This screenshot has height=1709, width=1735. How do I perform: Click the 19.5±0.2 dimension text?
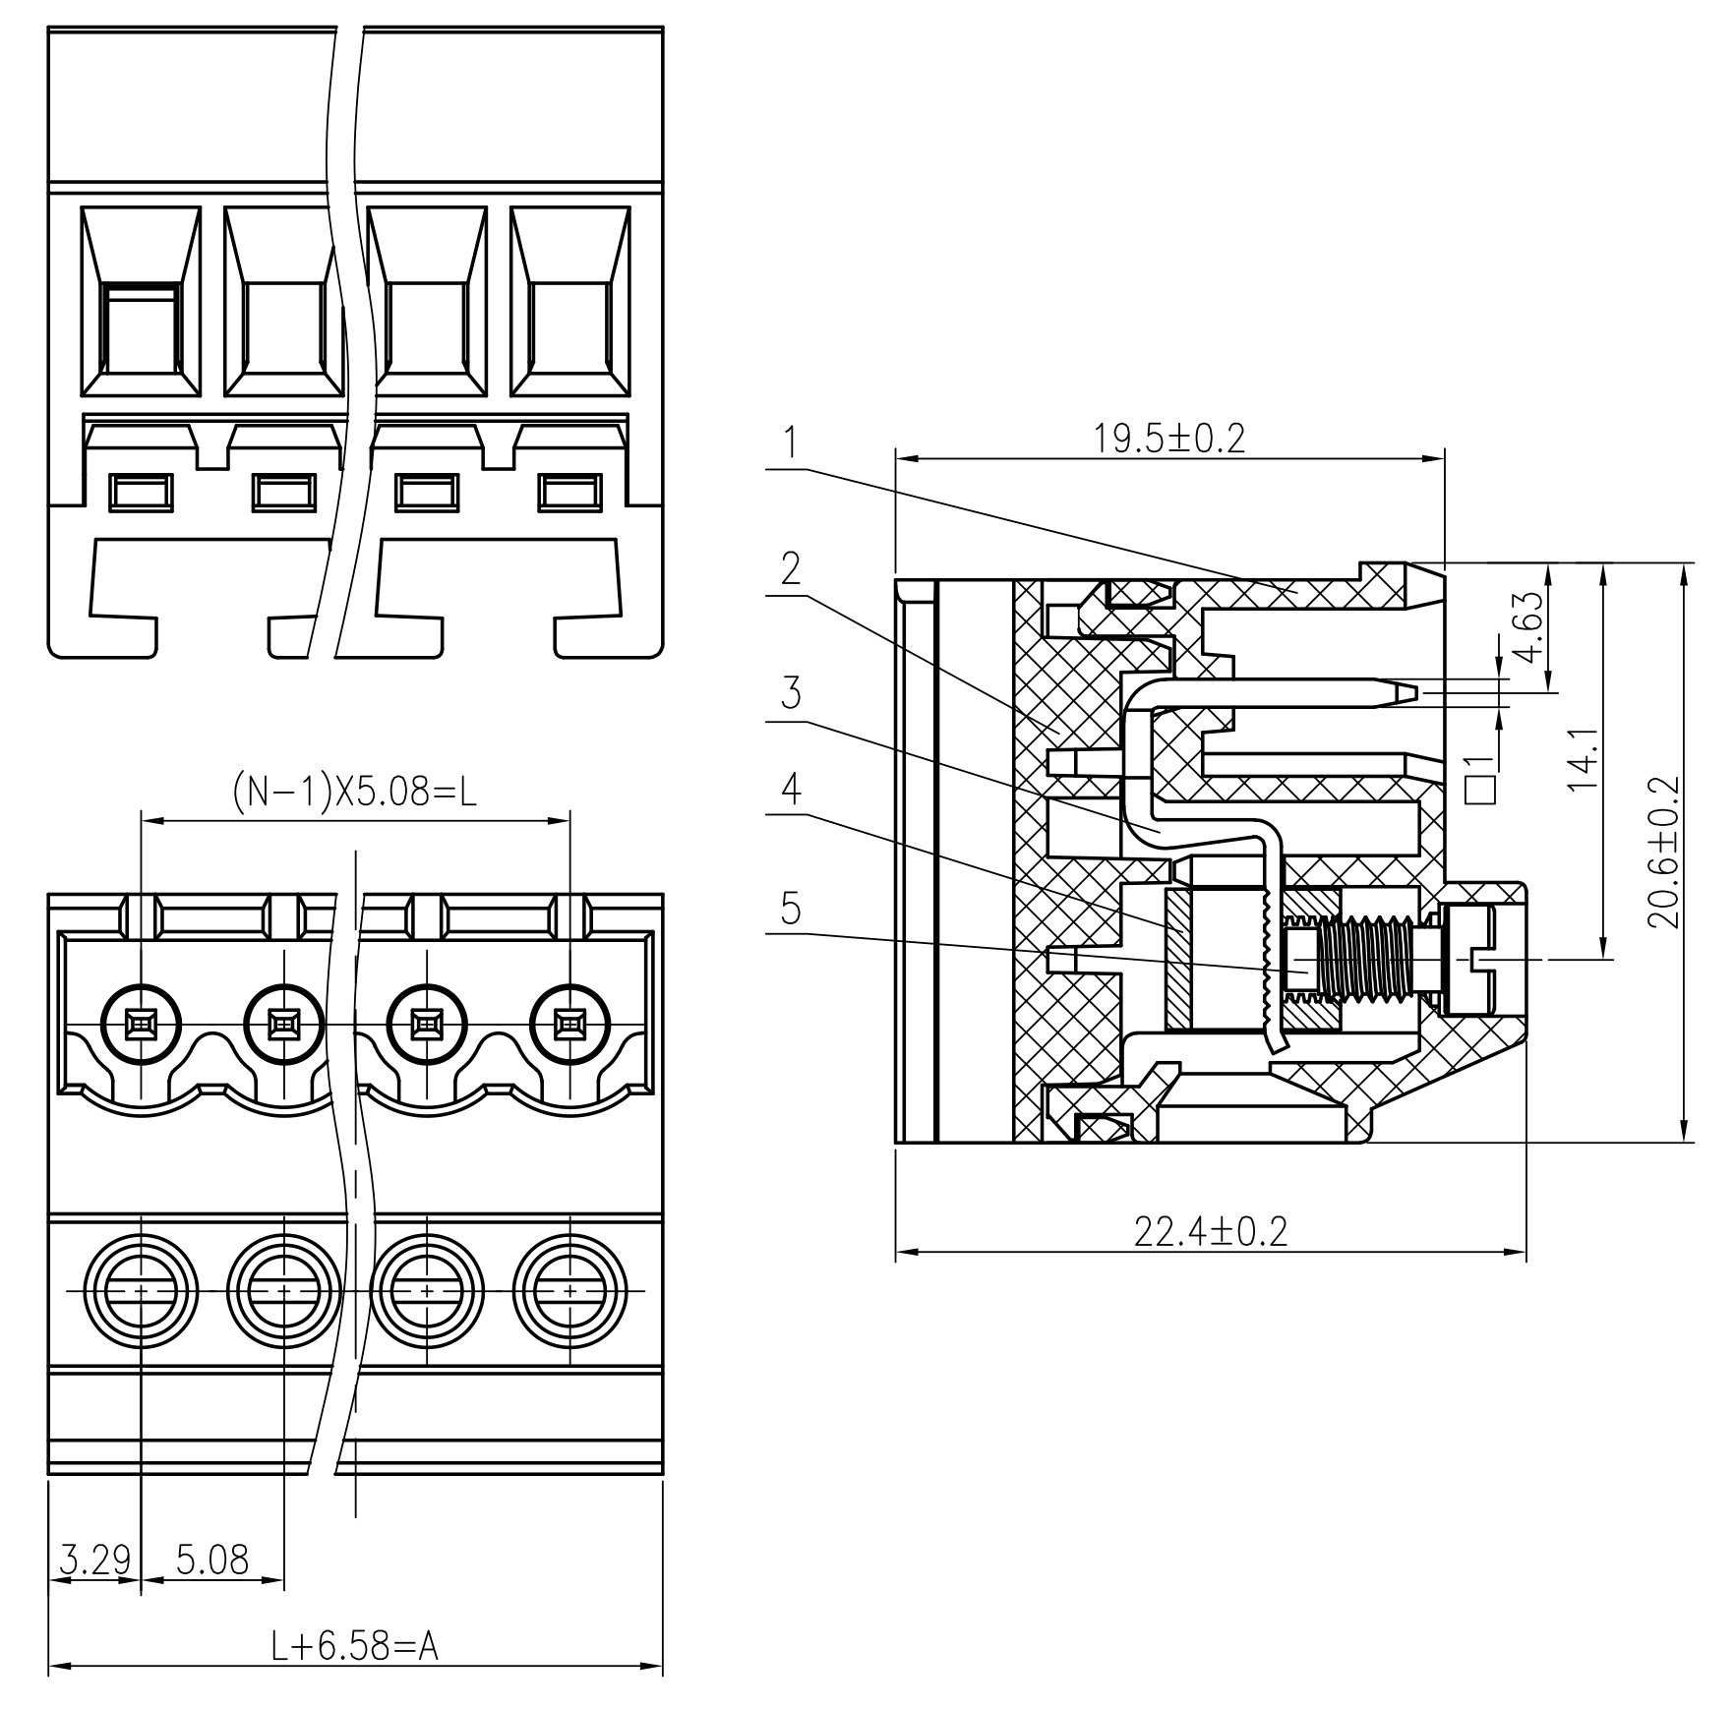coord(1168,439)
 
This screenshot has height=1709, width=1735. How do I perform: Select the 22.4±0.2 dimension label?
coord(1210,1231)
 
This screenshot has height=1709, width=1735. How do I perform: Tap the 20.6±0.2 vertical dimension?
coord(1663,853)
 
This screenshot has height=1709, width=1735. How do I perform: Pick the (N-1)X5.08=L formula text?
coord(354,792)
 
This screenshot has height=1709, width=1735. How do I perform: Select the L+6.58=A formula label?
coord(354,1645)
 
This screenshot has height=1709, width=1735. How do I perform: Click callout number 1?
coord(790,443)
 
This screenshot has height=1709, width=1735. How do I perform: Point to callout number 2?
coord(790,568)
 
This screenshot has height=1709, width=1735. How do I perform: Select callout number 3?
coord(790,693)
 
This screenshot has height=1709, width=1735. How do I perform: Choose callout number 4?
coord(790,789)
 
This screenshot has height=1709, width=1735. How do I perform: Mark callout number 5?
coord(790,909)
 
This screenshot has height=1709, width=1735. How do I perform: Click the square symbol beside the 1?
coord(1480,790)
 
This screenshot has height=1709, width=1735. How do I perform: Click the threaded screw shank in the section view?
coord(1367,959)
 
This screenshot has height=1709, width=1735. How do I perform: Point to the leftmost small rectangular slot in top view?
coord(140,492)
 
